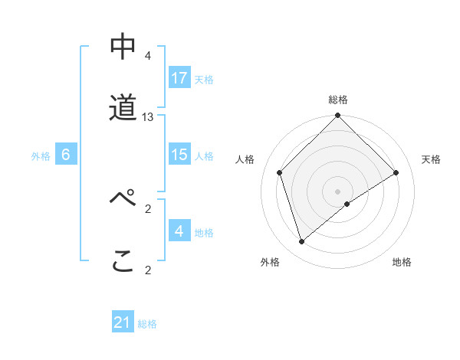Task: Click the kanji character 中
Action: click(123, 47)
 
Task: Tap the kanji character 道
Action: click(123, 108)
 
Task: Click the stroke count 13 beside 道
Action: click(148, 116)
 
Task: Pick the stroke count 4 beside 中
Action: click(148, 56)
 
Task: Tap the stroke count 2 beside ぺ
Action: click(148, 208)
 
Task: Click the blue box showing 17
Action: click(179, 78)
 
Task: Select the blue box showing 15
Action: click(179, 155)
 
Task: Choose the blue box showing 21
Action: click(123, 323)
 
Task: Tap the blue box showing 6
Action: click(66, 155)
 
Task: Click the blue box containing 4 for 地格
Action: click(179, 231)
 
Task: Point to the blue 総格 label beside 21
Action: click(147, 324)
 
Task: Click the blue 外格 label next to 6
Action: click(41, 155)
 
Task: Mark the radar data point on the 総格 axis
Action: click(337, 116)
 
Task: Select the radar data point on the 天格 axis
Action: click(396, 172)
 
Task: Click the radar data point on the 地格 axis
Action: click(347, 204)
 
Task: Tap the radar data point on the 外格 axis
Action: click(302, 241)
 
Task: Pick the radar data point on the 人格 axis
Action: click(280, 172)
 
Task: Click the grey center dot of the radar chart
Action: click(337, 191)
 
